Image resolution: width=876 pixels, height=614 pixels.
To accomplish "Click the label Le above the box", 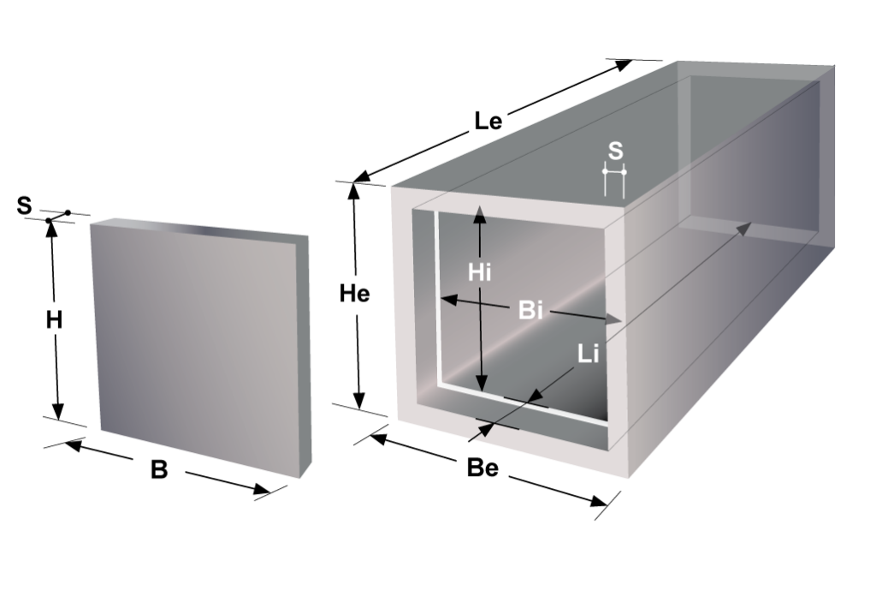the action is pyautogui.click(x=488, y=121).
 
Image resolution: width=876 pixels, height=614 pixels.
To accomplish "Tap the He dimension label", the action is pyautogui.click(x=355, y=294).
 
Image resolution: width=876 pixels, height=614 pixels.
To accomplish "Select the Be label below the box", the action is pyautogui.click(x=482, y=468).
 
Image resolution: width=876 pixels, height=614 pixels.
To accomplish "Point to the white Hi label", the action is pyautogui.click(x=479, y=272).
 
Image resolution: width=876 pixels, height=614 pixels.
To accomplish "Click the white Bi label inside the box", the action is pyautogui.click(x=530, y=310).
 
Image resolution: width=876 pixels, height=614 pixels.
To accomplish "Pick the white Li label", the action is pyautogui.click(x=588, y=354).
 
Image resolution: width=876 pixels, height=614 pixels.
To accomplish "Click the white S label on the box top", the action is pyautogui.click(x=614, y=151).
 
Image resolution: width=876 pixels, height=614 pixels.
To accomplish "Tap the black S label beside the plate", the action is pyautogui.click(x=24, y=206).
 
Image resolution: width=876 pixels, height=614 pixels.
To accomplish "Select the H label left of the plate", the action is pyautogui.click(x=54, y=320).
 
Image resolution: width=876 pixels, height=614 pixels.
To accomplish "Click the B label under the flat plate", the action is pyautogui.click(x=159, y=470).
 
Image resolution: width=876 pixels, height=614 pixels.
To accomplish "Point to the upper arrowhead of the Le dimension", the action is pyautogui.click(x=624, y=64).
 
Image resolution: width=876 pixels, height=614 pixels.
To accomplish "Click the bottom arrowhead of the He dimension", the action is pyautogui.click(x=358, y=400).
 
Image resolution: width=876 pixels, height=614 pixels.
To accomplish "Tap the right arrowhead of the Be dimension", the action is pyautogui.click(x=598, y=500).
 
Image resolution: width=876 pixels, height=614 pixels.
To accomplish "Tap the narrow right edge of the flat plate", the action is pyautogui.click(x=305, y=356).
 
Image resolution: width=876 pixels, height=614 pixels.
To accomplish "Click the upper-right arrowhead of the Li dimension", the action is pyautogui.click(x=743, y=229).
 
